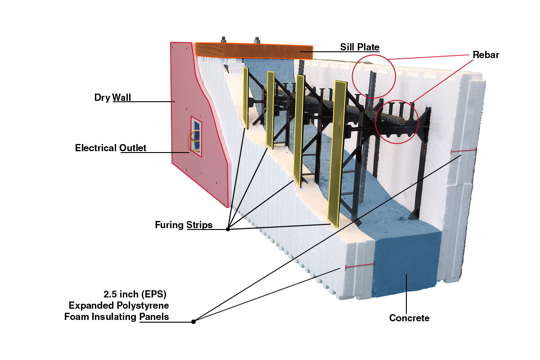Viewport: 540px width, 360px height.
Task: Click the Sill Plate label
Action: click(x=360, y=47)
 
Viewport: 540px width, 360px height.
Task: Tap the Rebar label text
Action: click(x=486, y=55)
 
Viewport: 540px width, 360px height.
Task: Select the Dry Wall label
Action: click(x=112, y=97)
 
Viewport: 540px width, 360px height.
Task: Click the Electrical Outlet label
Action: click(x=111, y=148)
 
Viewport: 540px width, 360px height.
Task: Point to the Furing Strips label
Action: click(x=184, y=225)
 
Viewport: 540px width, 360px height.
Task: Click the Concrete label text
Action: click(x=409, y=318)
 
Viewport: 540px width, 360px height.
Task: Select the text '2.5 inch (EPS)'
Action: click(x=135, y=295)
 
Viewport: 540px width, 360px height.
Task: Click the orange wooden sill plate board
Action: click(x=254, y=51)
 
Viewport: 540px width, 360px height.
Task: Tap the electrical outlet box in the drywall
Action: click(x=196, y=136)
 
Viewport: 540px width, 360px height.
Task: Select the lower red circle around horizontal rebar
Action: click(x=397, y=121)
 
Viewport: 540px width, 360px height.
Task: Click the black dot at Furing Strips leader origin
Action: click(x=228, y=229)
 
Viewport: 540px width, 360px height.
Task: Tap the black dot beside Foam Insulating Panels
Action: click(x=193, y=321)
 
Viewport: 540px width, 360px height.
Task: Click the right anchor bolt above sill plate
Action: click(x=257, y=40)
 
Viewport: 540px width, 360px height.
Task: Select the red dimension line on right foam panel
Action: click(x=463, y=151)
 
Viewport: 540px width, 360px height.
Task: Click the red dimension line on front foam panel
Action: click(x=360, y=265)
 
